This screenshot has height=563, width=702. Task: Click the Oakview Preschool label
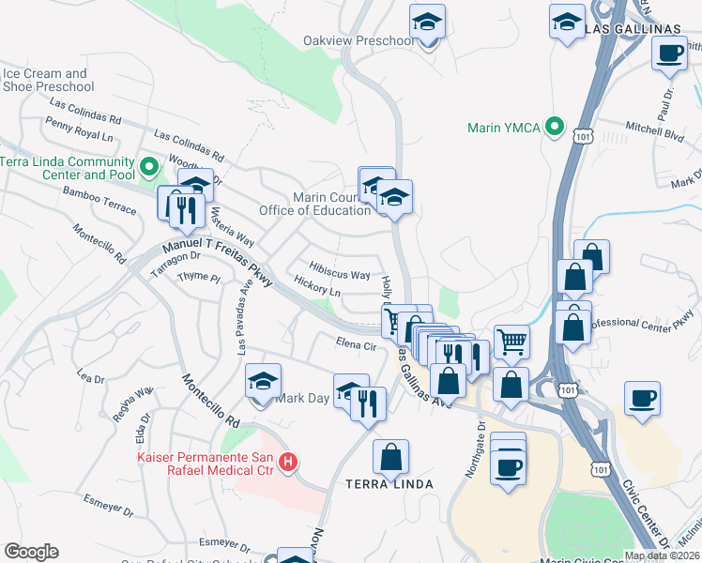tap(358, 41)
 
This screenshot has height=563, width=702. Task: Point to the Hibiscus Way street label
tap(340, 275)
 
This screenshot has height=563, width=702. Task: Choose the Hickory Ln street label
tap(316, 291)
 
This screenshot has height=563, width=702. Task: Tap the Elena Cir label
tap(356, 345)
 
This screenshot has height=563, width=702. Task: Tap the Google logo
tap(31, 551)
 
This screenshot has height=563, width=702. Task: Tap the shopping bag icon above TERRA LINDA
tap(390, 457)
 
